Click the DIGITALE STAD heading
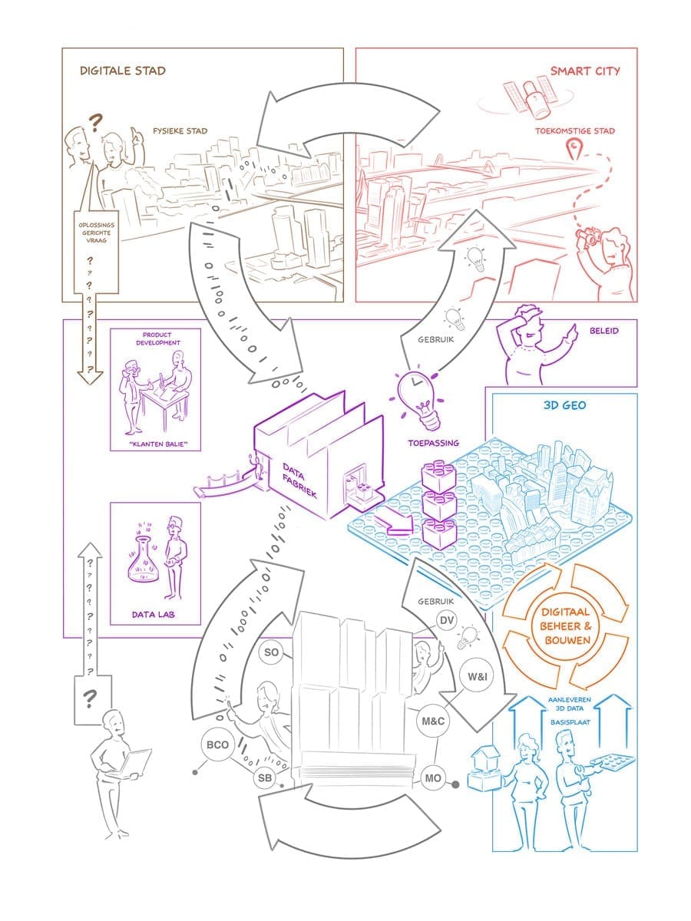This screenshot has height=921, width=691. pos(123,71)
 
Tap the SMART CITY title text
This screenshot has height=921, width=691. pos(585,71)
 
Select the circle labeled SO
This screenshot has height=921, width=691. pos(271,652)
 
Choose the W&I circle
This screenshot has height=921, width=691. pos(474,678)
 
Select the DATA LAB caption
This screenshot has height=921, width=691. pos(156,615)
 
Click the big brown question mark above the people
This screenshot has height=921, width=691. pos(96,121)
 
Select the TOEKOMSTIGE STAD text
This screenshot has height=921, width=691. pos(576,131)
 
